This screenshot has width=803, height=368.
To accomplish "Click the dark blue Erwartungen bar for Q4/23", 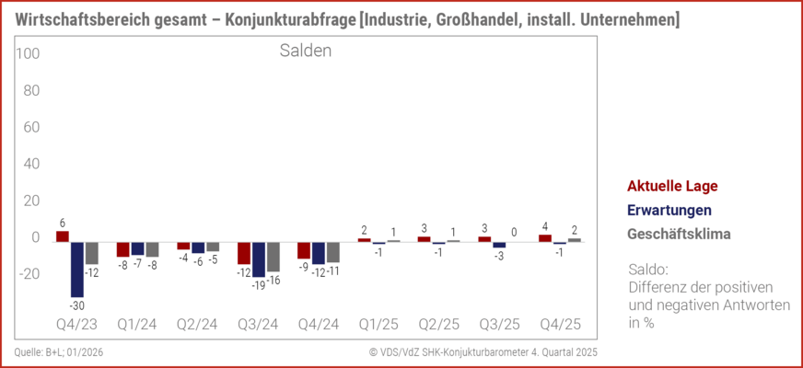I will coord(77,269).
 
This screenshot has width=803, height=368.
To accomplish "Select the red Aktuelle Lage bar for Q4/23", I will coord(63,236).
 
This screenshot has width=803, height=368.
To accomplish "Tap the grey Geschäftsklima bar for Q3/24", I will coord(273,257).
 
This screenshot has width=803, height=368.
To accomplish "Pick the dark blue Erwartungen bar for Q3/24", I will coord(259,259).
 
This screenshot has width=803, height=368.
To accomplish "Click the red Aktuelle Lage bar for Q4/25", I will coord(545,238).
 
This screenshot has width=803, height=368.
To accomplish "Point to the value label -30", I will coord(77,305).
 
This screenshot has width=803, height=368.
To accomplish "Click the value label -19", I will coord(259,285).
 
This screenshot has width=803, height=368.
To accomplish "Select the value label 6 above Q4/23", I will coord(63,223).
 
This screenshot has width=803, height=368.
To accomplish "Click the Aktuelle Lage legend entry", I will coord(671,186).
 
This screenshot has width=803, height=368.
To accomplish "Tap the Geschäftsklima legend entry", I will coord(679,234).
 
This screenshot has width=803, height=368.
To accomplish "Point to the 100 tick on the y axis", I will coord(27,54).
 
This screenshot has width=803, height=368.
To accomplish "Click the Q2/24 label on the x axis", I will coord(198,325).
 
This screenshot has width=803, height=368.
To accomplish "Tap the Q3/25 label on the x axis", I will coord(499,325).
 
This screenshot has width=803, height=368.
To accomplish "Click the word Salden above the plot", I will coord(306,52).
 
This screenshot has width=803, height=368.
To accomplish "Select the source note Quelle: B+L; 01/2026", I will coord(60,352).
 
